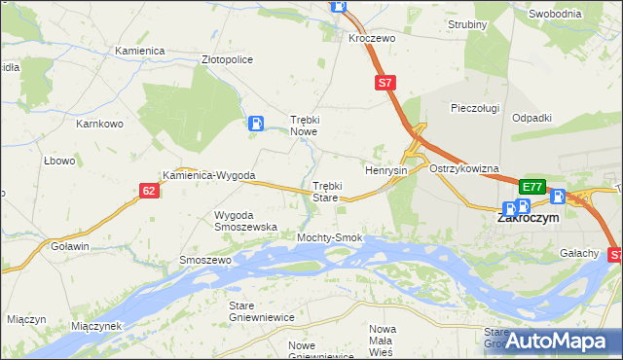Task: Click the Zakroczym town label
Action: (528, 219)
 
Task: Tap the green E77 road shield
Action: (531, 187)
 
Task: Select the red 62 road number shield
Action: (148, 191)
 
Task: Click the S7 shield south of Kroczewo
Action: (385, 84)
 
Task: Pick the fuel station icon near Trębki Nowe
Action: (255, 123)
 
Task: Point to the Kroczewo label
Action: (371, 38)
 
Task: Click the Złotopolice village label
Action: (227, 59)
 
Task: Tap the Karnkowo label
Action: (99, 125)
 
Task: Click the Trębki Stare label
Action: (325, 191)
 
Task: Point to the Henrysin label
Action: (385, 170)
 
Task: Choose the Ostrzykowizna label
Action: (463, 168)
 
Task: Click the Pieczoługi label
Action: (475, 108)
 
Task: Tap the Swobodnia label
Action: (556, 14)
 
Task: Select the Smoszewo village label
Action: (204, 261)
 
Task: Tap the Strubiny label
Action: (467, 23)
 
